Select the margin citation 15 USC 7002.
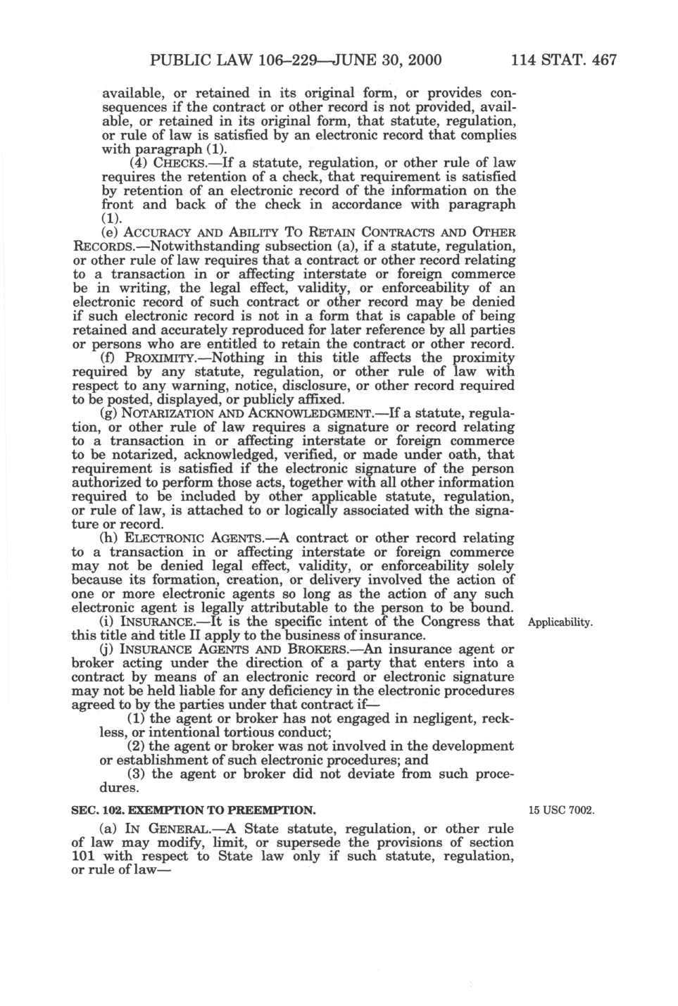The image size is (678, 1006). pyautogui.click(x=562, y=810)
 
